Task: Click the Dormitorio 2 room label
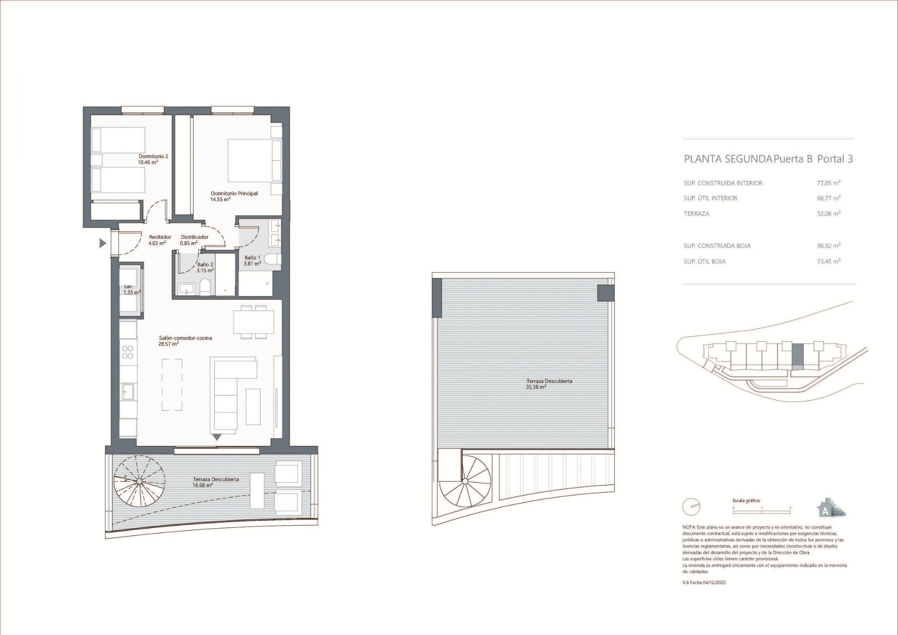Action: point(153,157)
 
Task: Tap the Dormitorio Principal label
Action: point(234,194)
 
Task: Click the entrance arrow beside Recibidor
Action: point(103,243)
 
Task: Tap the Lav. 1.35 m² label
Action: point(131,289)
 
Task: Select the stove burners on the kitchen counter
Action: point(128,352)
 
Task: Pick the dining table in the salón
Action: point(253,321)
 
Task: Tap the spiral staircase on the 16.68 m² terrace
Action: point(139,481)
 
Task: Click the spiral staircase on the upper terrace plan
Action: point(465,481)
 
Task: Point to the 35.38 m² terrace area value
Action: point(536,387)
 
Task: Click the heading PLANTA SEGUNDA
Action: point(727,159)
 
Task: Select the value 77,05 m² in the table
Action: point(828,183)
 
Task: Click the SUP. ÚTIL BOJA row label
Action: point(704,261)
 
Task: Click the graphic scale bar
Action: point(761,512)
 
